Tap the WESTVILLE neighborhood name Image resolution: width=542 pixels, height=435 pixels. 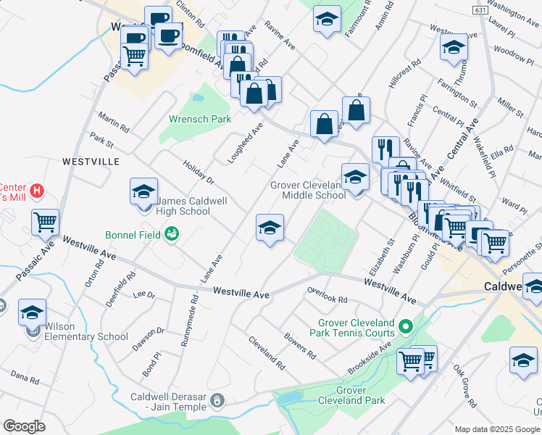[90, 161]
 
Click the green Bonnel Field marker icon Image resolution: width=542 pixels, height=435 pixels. [172, 233]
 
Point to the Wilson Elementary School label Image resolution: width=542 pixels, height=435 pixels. [80, 331]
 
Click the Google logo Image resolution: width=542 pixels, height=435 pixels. [24, 426]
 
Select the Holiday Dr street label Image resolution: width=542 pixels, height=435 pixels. [199, 173]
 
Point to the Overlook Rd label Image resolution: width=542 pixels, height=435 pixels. [327, 299]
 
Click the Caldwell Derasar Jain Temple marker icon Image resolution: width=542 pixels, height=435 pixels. [221, 401]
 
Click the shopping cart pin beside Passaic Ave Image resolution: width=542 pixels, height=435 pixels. [45, 223]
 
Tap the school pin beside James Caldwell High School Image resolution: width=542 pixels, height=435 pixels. [143, 193]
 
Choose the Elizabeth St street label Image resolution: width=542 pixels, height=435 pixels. [382, 257]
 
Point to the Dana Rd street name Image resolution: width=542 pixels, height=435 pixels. [24, 377]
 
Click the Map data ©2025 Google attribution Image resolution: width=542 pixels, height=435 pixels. [496, 429]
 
